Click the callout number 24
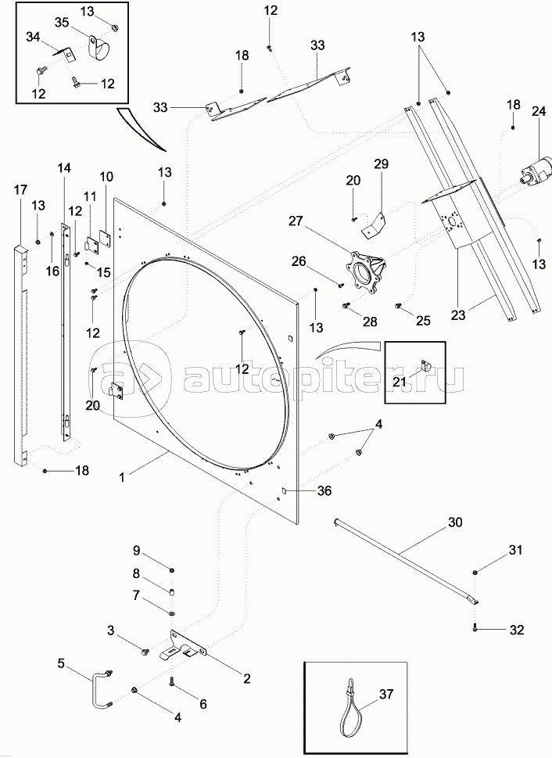(x=539, y=111)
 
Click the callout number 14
(x=63, y=168)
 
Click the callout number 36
(x=324, y=490)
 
